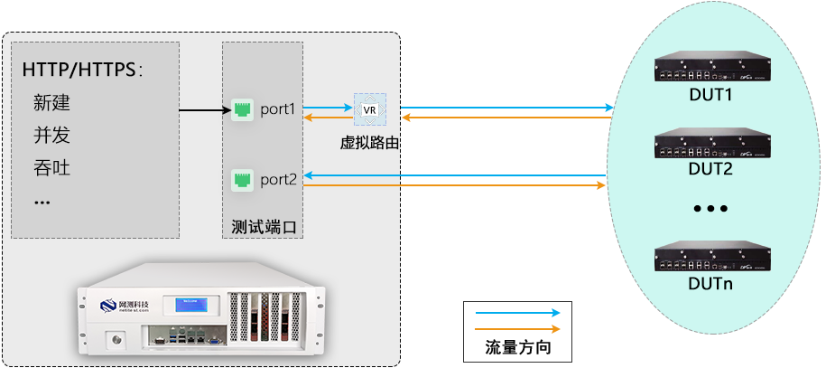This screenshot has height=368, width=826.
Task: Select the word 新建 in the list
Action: click(51, 103)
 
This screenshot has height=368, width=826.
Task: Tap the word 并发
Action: click(51, 136)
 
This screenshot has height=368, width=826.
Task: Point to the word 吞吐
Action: click(51, 168)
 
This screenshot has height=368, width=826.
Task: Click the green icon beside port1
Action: click(241, 109)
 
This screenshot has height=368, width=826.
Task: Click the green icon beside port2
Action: click(241, 179)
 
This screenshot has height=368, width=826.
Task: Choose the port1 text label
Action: click(278, 109)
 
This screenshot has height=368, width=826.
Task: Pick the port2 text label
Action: click(278, 179)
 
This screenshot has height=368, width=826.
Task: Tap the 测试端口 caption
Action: click(263, 225)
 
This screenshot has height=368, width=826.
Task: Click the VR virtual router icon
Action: click(368, 109)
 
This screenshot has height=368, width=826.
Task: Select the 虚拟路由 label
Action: click(368, 142)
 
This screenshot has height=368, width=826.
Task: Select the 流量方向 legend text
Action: click(517, 347)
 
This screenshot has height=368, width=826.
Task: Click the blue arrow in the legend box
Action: click(517, 313)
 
